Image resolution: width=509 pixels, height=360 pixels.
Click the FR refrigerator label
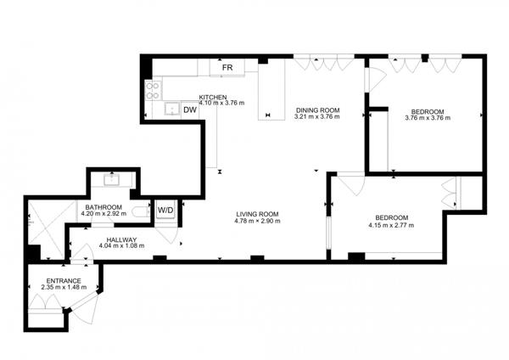(227, 67)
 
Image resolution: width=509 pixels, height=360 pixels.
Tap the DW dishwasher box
(190, 110)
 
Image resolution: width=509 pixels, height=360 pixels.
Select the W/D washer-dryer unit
(165, 209)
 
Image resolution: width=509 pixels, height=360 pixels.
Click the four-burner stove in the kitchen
(154, 88)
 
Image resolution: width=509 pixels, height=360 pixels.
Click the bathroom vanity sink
(112, 179)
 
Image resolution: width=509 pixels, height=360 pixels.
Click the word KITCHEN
(212, 97)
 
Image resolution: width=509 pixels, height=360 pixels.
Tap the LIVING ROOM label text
(257, 214)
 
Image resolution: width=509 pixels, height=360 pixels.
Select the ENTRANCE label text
(64, 281)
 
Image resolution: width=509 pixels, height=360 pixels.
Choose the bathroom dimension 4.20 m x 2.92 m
(103, 214)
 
